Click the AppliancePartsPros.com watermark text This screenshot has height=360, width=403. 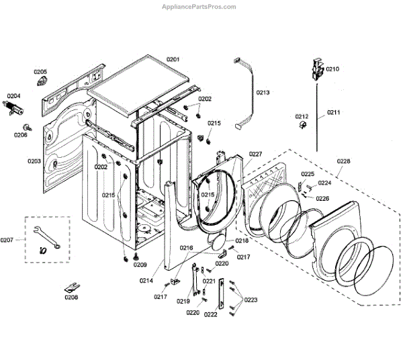199,7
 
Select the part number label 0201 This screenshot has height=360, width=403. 173,60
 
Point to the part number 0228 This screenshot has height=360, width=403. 343,161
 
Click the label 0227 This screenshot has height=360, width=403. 256,154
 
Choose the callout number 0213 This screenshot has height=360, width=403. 263,92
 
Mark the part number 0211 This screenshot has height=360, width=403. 334,112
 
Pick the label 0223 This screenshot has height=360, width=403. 251,300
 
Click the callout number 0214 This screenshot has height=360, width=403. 146,280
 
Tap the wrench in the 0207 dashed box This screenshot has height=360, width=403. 44,234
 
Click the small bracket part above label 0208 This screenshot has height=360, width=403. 71,287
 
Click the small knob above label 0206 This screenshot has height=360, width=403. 26,126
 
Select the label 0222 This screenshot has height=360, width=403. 210,314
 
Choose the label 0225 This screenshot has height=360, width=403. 308,174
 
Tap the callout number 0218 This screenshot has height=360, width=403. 242,240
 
